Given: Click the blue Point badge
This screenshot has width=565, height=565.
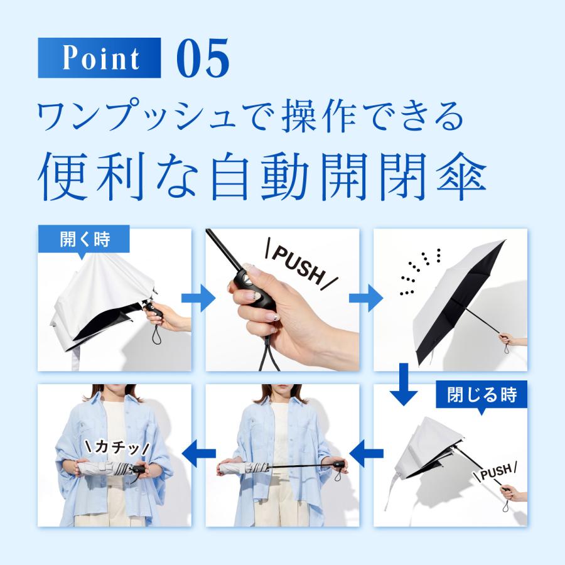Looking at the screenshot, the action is click(99, 58).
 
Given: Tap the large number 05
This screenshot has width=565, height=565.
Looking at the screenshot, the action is click(203, 58).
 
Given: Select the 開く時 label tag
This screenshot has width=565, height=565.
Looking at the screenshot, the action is click(84, 239).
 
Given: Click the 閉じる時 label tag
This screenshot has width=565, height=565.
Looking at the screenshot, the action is click(482, 395).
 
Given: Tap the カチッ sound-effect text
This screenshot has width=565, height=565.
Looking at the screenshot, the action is click(117, 448).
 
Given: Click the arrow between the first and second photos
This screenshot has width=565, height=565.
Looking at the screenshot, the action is click(198, 298).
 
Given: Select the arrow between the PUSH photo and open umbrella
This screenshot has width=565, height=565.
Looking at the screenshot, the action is click(366, 298).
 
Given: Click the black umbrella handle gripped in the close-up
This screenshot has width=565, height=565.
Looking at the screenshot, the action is click(254, 292).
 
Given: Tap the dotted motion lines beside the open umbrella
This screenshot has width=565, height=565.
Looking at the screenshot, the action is click(421, 271).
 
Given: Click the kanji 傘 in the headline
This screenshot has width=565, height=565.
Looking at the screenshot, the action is click(461, 176).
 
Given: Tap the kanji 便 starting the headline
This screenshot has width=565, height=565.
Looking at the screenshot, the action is click(62, 176).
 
